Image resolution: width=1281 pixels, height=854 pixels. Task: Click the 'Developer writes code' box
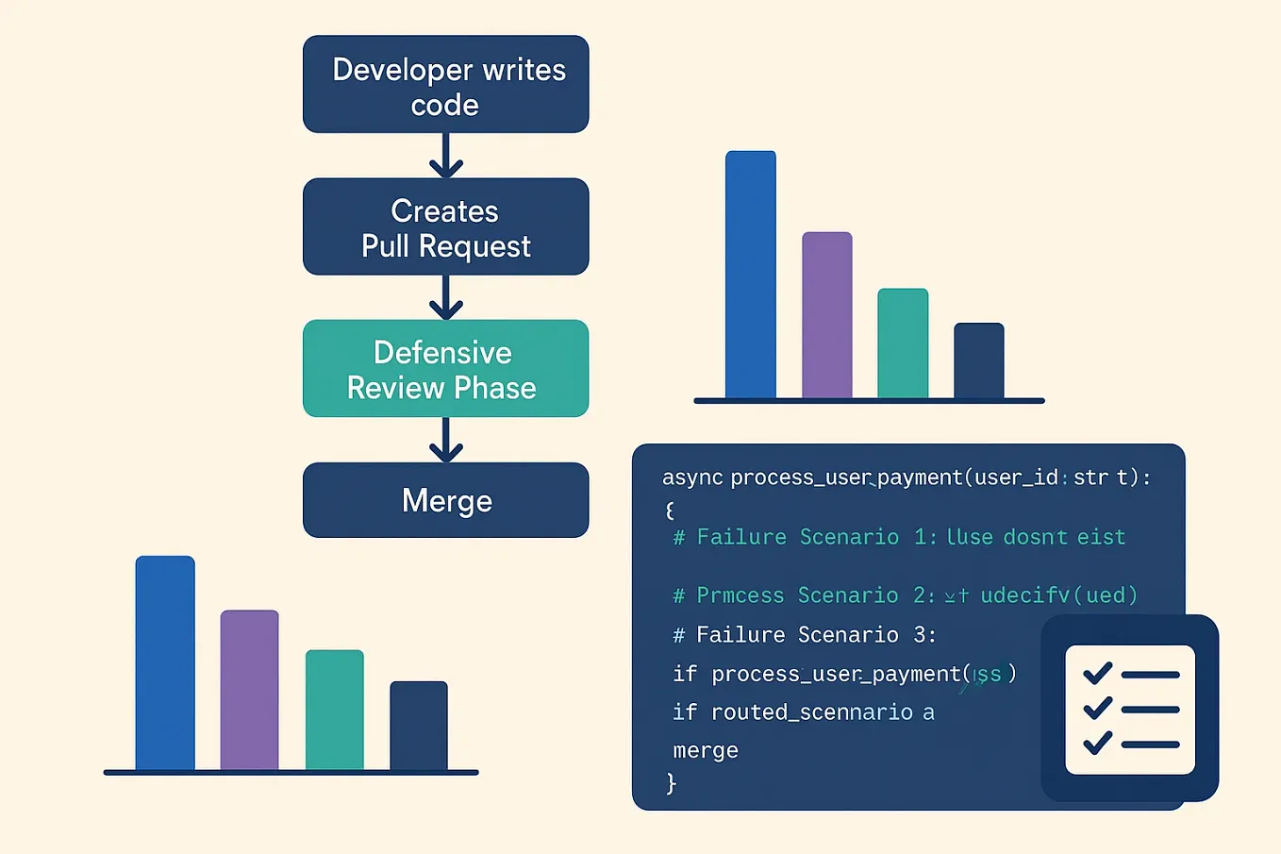(x=445, y=85)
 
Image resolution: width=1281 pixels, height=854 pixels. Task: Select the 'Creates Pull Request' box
(x=445, y=227)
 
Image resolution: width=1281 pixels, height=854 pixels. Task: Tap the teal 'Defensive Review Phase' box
(x=445, y=369)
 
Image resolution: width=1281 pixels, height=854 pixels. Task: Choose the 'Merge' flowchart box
(x=445, y=500)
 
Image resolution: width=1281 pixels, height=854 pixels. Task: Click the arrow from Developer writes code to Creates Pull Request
(x=445, y=156)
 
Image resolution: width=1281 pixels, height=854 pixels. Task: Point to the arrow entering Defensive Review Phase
(x=445, y=297)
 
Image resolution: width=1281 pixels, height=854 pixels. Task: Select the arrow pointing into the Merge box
(x=445, y=440)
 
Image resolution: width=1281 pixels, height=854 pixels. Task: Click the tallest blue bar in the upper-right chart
(x=751, y=275)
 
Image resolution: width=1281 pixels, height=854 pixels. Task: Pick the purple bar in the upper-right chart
(x=827, y=315)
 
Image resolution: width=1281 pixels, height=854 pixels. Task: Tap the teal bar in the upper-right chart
(x=903, y=343)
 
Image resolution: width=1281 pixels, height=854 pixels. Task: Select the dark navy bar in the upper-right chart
(x=978, y=360)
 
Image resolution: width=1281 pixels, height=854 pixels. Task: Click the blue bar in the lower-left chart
(x=165, y=663)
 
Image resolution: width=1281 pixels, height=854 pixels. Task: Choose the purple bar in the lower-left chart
(x=249, y=690)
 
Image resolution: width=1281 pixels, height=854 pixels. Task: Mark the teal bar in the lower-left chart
(x=334, y=710)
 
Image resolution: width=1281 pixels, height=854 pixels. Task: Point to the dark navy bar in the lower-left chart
(x=419, y=726)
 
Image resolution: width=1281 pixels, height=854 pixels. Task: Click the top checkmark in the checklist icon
(x=1097, y=673)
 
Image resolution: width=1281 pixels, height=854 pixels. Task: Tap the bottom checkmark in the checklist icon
(x=1097, y=743)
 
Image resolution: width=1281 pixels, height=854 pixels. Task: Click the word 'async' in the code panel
(x=692, y=477)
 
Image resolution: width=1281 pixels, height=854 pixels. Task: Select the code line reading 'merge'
(x=706, y=751)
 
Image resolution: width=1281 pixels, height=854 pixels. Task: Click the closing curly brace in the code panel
(x=671, y=783)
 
